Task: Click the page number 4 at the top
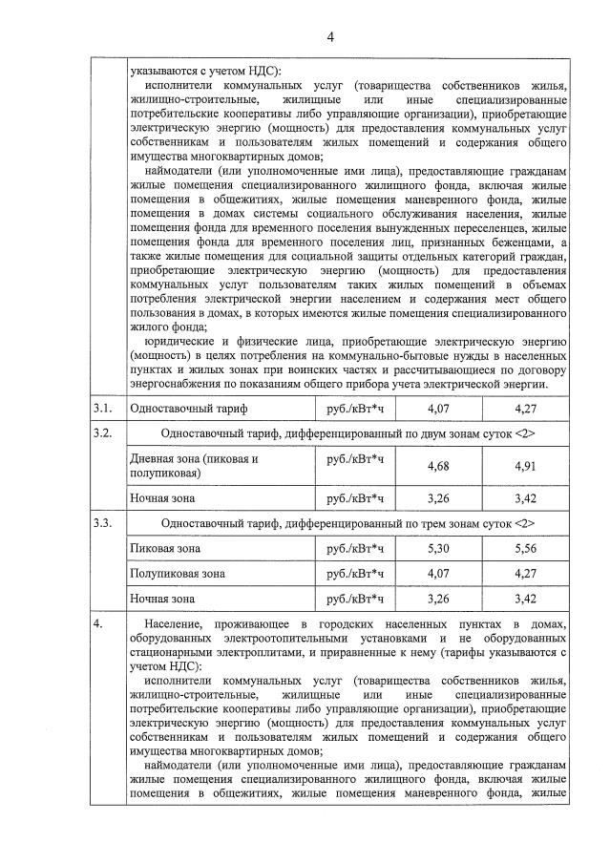(x=330, y=37)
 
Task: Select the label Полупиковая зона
(x=178, y=574)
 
